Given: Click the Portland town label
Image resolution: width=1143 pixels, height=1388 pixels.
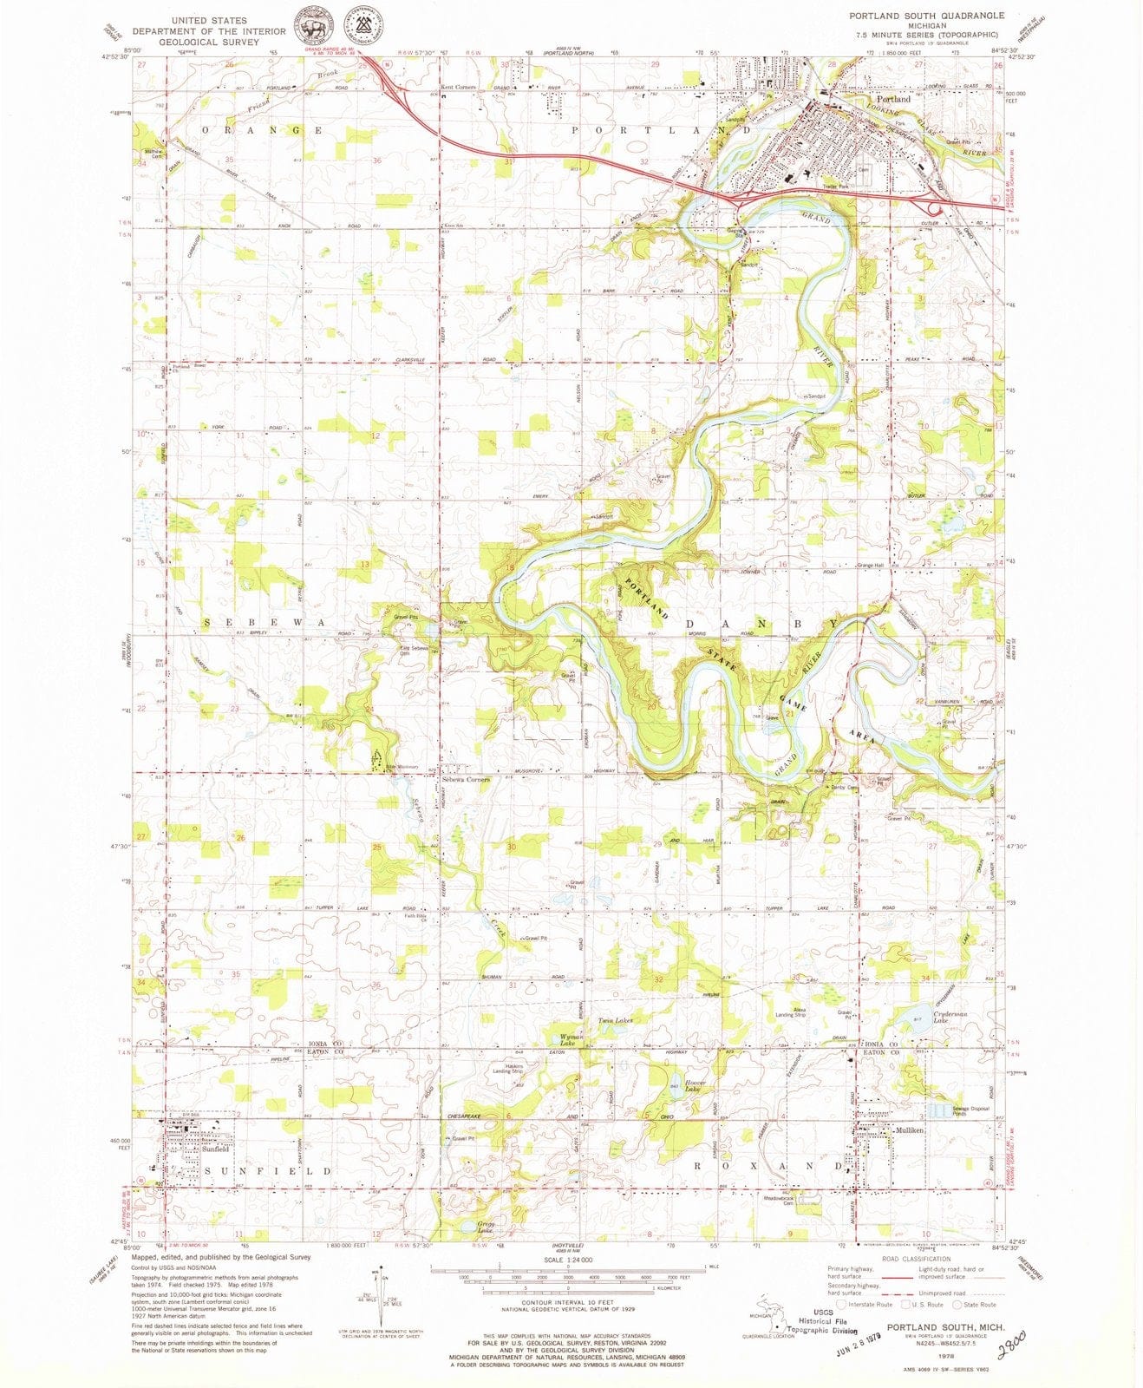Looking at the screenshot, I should click(x=893, y=99).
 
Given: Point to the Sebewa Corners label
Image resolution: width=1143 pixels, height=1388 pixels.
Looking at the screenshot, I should click(x=466, y=779).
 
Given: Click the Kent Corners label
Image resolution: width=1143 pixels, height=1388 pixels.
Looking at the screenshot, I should click(x=458, y=88).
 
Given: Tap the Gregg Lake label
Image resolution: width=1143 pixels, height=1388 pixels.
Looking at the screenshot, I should click(x=486, y=1228).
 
